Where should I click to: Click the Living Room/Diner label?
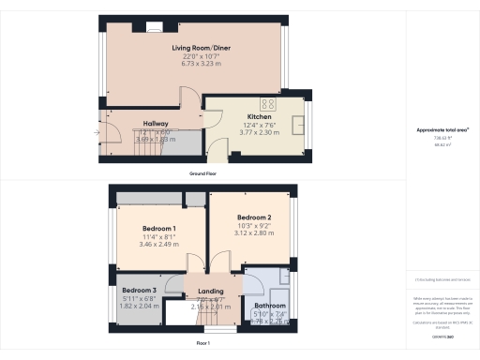(194, 46)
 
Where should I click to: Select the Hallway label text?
(155, 123)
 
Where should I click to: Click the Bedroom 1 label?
(159, 229)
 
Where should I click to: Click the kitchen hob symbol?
(268, 103)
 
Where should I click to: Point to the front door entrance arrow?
(97, 132)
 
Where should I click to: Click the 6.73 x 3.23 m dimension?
(194, 65)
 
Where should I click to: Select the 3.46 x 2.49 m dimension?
(159, 245)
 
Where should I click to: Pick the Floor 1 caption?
(202, 344)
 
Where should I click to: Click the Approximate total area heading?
(442, 128)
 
